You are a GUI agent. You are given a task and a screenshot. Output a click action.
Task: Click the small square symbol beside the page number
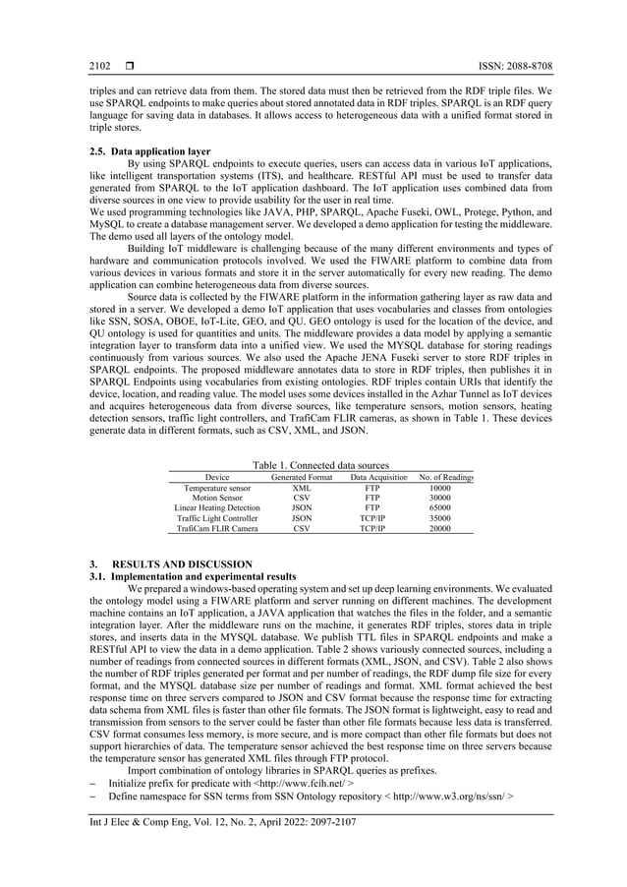[x=130, y=67]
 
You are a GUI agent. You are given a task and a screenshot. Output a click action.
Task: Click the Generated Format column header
[x=302, y=477]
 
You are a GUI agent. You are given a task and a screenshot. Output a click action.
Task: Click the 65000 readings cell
[x=440, y=507]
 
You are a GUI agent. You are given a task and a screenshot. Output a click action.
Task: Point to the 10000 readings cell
[x=440, y=488]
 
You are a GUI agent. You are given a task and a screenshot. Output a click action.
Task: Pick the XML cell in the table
[x=302, y=488]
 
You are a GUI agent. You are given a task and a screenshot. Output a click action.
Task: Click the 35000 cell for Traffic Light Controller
[x=440, y=518]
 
